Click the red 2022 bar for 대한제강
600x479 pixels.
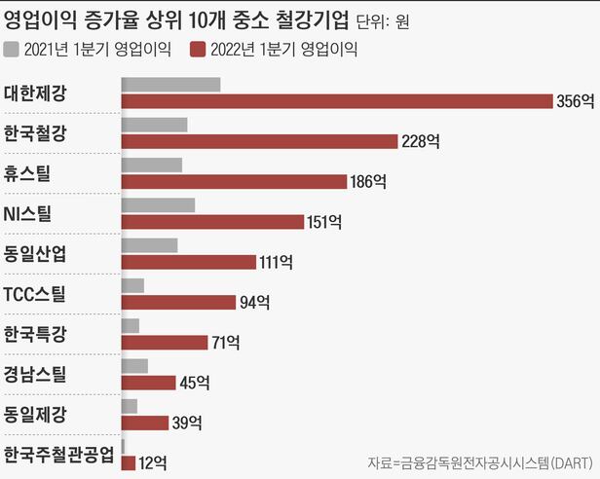[x=336, y=100]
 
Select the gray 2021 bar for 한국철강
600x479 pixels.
[x=154, y=125]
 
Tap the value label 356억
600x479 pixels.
[x=575, y=100]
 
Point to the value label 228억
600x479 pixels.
[x=421, y=141]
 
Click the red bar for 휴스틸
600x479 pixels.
[x=234, y=181]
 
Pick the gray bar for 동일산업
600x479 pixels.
[x=149, y=245]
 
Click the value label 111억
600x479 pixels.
[x=276, y=262]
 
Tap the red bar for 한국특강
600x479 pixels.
[x=164, y=342]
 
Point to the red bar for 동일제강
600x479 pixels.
[x=144, y=423]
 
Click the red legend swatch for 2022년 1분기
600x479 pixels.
[x=199, y=50]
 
